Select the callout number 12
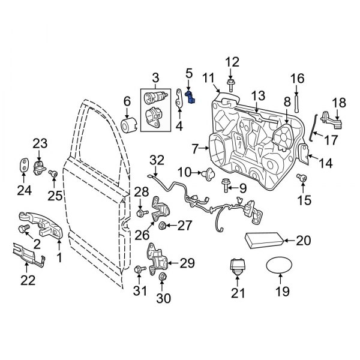point(232,61)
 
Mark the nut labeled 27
point(162,226)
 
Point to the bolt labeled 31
point(139,270)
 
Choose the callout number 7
point(195,147)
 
